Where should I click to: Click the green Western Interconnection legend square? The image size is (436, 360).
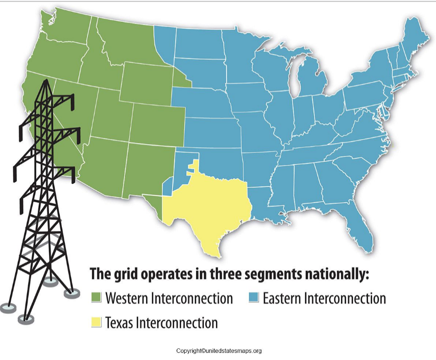pyautogui.click(x=96, y=298)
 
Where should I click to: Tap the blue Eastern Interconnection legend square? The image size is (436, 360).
pyautogui.click(x=253, y=298)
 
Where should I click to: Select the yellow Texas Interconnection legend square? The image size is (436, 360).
pyautogui.click(x=96, y=322)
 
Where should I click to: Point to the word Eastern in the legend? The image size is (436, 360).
pyautogui.click(x=281, y=298)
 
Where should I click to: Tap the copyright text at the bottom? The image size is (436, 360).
pyautogui.click(x=219, y=351)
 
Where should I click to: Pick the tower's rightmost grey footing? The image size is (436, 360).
pyautogui.click(x=71, y=293)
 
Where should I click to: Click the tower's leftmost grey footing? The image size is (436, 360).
pyautogui.click(x=8, y=307)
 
